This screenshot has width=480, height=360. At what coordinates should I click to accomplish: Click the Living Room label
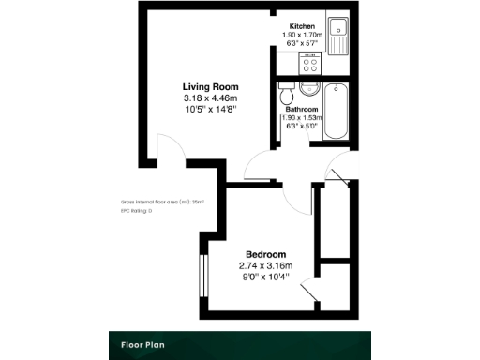pos(209,86)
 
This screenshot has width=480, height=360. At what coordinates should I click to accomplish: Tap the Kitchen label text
pos(302,25)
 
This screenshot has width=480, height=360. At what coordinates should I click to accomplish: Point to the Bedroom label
pos(265,254)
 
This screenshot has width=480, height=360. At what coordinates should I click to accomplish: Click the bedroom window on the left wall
pos(202,275)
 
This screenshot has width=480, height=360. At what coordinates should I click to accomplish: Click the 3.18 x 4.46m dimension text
pos(209,97)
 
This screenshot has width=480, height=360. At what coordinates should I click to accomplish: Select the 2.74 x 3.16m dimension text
pos(265,265)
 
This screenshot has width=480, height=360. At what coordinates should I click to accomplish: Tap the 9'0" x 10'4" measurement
pos(265,277)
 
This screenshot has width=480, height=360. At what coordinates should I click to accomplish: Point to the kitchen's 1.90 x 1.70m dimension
pos(302,35)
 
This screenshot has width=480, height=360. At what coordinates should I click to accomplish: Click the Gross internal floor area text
pos(162,202)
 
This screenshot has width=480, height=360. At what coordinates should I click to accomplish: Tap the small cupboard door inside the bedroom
pos(309,293)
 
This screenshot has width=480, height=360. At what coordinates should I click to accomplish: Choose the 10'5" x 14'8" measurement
pos(209,109)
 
